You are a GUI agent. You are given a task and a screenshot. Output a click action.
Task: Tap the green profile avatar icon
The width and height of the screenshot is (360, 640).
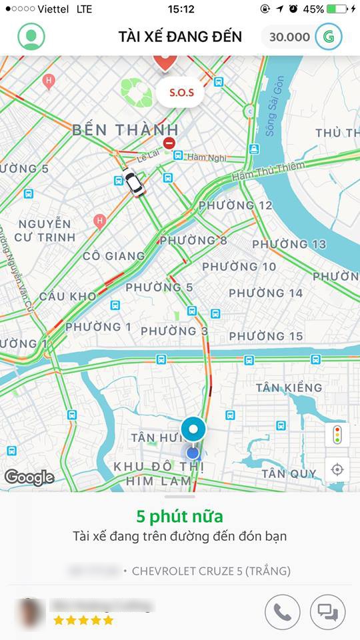tap(31, 36)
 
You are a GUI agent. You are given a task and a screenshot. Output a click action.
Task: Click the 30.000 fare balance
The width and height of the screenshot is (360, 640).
tap(290, 37)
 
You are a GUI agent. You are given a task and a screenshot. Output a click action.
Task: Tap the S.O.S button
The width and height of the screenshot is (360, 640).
tap(181, 93)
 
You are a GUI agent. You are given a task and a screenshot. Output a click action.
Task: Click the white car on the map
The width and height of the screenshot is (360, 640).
tap(133, 181)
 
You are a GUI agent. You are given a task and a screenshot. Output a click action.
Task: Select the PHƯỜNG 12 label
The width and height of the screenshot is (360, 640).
tap(235, 205)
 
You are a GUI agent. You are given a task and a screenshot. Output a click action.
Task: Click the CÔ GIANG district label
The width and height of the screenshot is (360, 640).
tap(114, 255)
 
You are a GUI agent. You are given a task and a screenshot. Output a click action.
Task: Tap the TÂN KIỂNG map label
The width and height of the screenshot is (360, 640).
tap(289, 387)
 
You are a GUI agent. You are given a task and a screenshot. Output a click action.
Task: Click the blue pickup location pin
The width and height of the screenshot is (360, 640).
tap(193, 429)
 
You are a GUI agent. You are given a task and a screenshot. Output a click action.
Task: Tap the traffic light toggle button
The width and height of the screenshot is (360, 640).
tap(337, 435)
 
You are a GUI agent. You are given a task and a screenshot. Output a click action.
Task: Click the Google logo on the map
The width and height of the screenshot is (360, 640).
tap(29, 477)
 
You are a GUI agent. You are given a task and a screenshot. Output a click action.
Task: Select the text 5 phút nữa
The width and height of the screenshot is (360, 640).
tap(179, 516)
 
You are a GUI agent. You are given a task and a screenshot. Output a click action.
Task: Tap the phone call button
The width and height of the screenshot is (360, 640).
tap(282, 611)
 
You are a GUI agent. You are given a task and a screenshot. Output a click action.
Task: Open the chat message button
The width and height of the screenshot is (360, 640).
tap(327, 611)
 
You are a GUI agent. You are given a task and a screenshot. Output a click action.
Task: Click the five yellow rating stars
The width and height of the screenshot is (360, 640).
tap(83, 620)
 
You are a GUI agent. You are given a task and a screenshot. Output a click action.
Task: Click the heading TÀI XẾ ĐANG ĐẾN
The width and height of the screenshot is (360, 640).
tap(180, 37)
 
